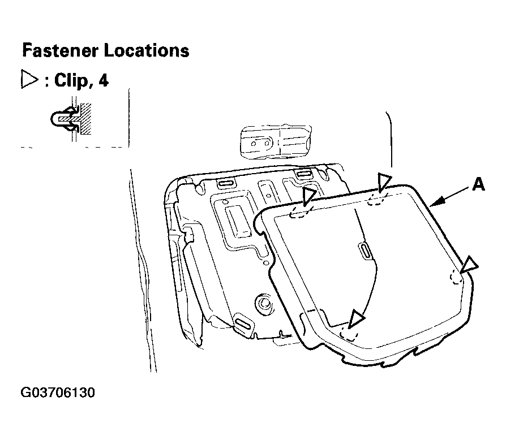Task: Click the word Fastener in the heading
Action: point(61,50)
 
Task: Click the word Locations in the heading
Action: point(147,50)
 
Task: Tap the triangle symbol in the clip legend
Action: point(29,79)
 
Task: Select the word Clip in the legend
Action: point(70,80)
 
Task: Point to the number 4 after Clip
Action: point(103,80)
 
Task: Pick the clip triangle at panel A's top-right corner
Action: point(384,182)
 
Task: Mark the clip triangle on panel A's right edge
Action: point(469,265)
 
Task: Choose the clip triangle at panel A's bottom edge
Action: point(356,319)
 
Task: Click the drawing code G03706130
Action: point(58,392)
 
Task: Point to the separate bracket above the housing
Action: point(276,142)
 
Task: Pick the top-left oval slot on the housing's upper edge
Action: point(226,184)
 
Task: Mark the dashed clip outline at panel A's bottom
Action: point(349,333)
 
